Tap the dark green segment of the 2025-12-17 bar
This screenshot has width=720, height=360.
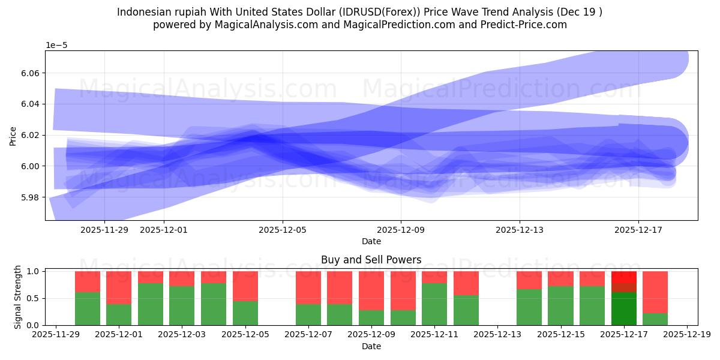pyautogui.click(x=624, y=308)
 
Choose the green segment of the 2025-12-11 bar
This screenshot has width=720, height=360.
pyautogui.click(x=434, y=304)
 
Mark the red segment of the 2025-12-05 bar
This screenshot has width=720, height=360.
pyautogui.click(x=245, y=286)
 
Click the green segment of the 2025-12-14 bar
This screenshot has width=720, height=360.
pyautogui.click(x=529, y=307)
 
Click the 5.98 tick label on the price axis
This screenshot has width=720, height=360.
pyautogui.click(x=29, y=197)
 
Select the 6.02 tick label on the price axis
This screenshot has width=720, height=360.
pyautogui.click(x=29, y=135)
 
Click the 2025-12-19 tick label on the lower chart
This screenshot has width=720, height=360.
pyautogui.click(x=686, y=334)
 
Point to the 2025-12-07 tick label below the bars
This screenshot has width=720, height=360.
pyautogui.click(x=308, y=334)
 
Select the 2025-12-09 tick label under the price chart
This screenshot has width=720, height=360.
pyautogui.click(x=401, y=229)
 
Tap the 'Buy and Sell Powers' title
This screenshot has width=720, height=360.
pyautogui.click(x=371, y=260)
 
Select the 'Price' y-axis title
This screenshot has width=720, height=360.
pyautogui.click(x=13, y=136)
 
